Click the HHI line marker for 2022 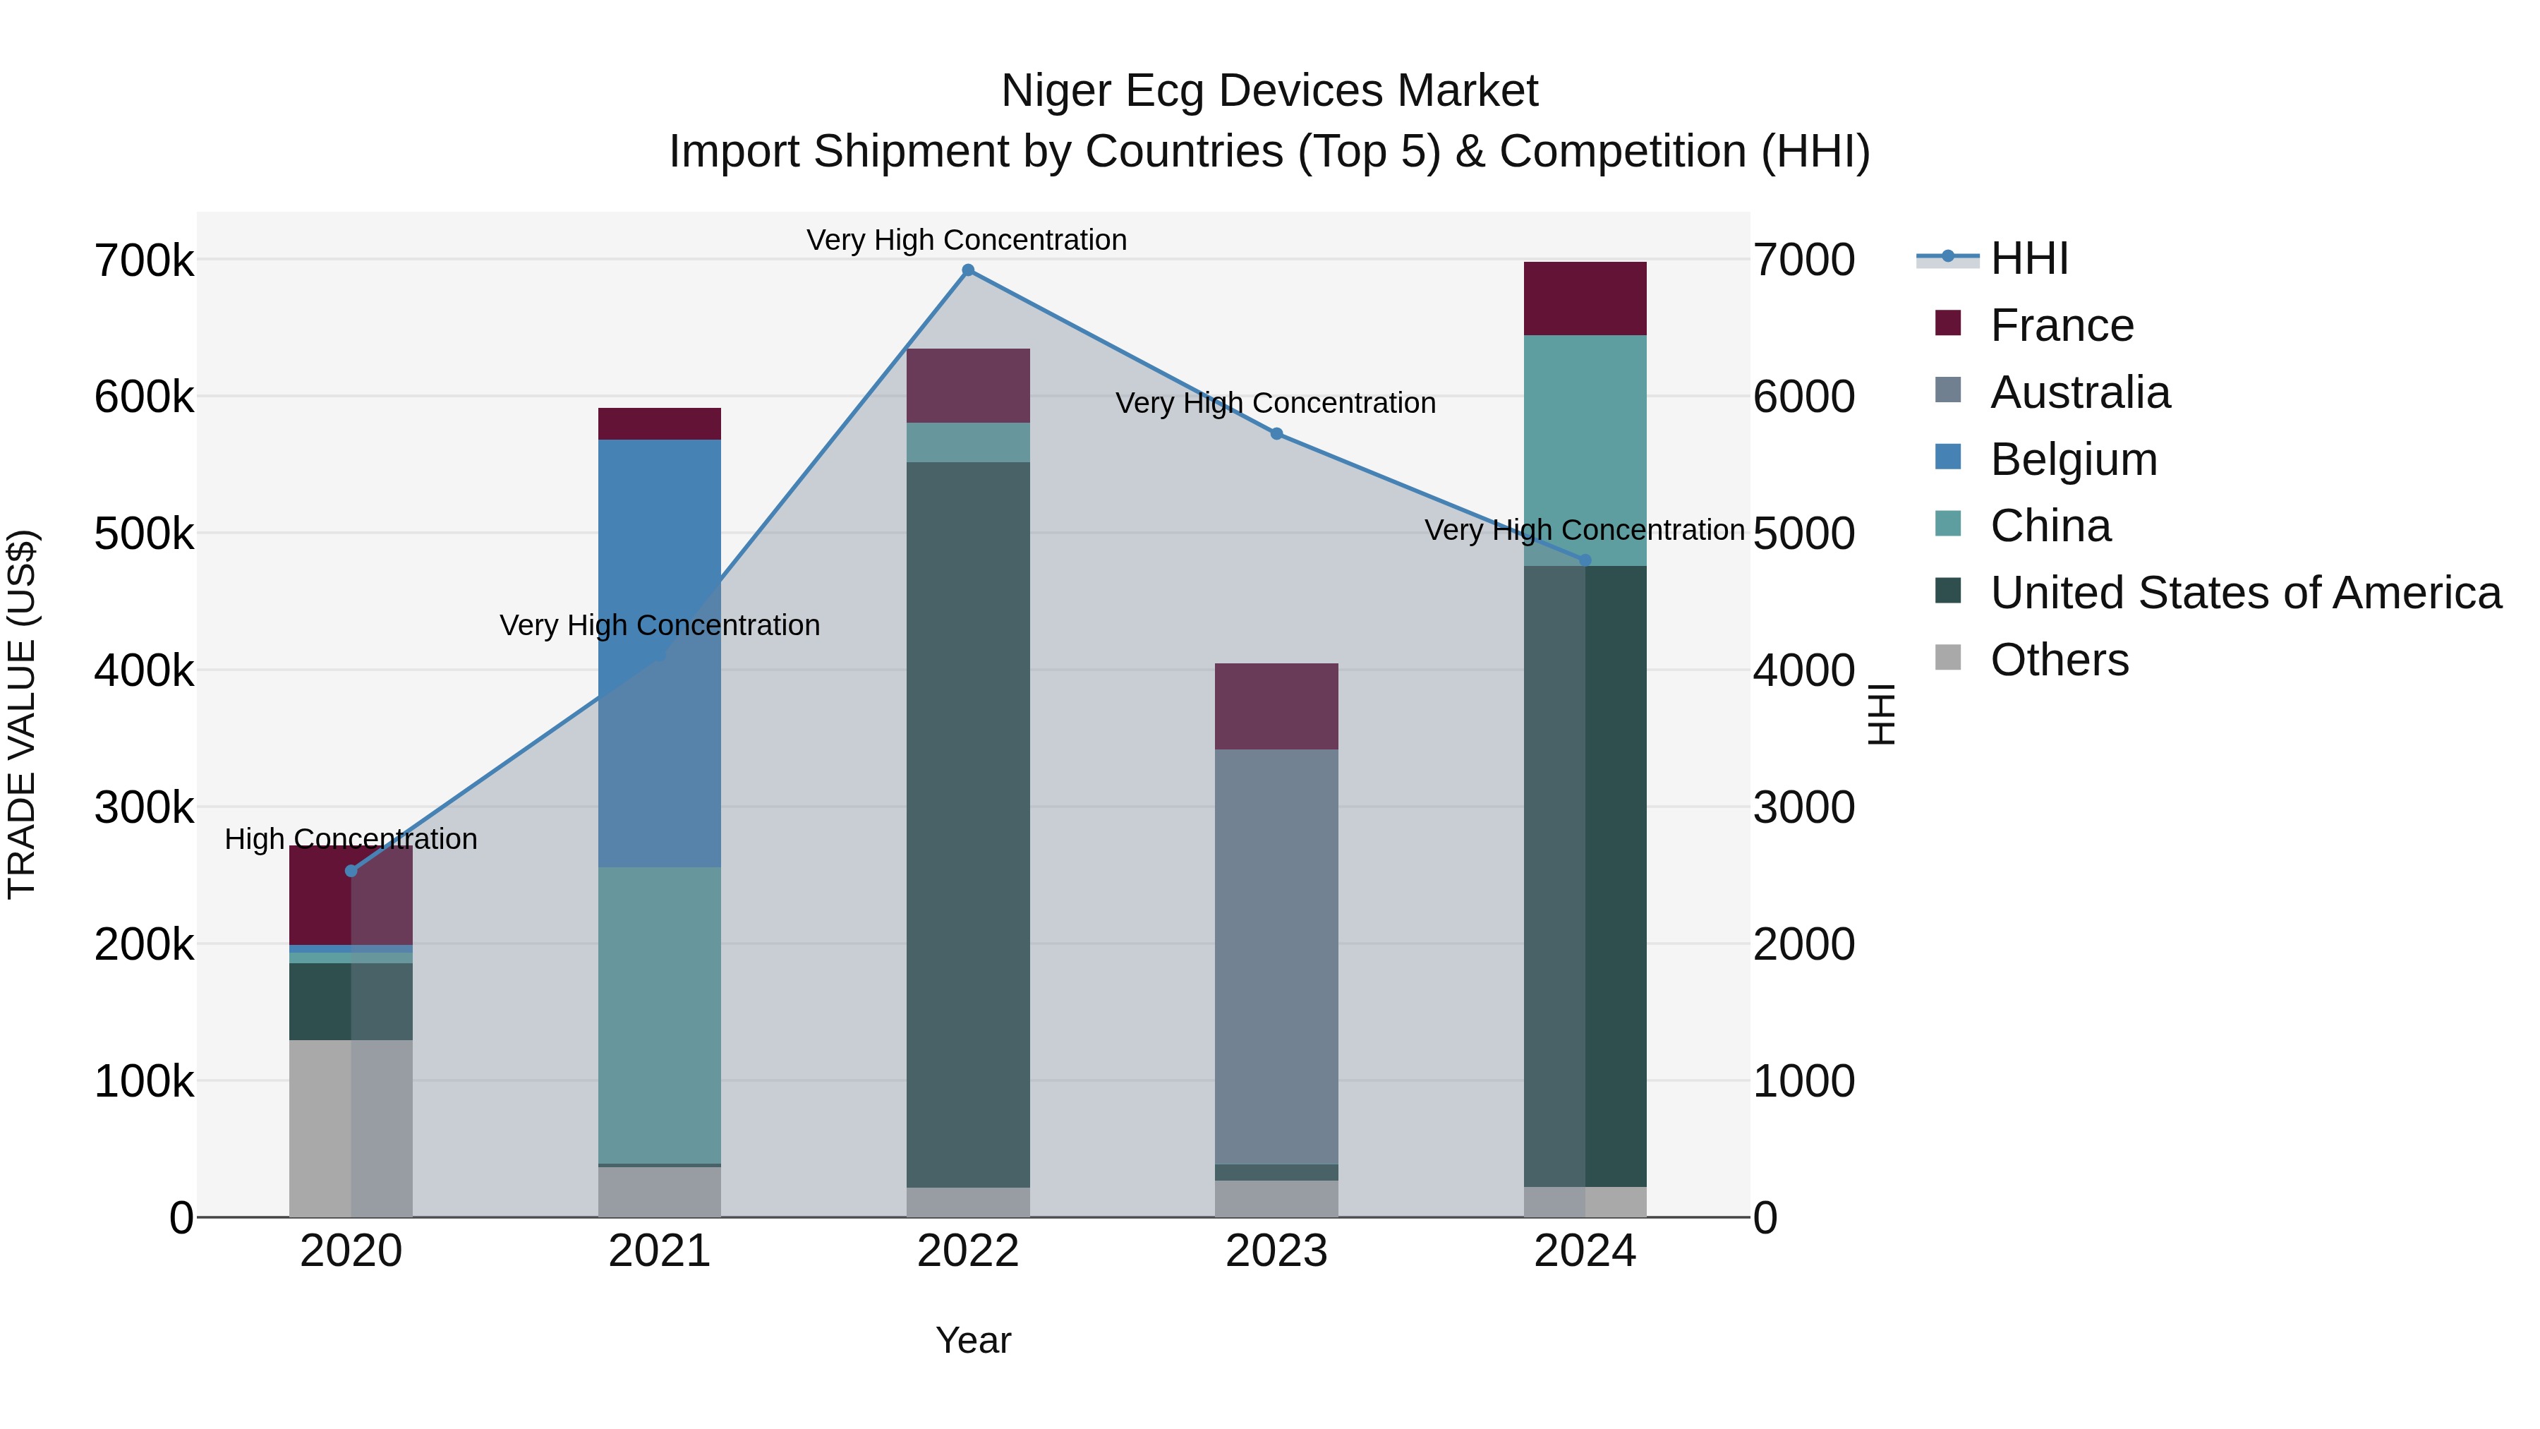pos(967,270)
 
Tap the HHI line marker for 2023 pos(1276,434)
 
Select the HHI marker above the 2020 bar pos(351,871)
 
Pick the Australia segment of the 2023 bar pos(1276,957)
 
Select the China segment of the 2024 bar pos(1585,450)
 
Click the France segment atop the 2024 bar pos(1585,298)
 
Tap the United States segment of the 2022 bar pos(967,824)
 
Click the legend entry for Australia pos(2079,392)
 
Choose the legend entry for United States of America pos(2244,593)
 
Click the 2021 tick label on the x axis pos(659,1251)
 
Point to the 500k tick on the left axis pos(144,534)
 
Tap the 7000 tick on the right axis pos(1803,260)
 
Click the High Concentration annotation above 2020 pos(351,839)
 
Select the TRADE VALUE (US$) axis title pos(22,714)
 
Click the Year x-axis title pos(972,1340)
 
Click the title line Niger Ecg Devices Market pos(1269,91)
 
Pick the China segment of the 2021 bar pos(659,1015)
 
